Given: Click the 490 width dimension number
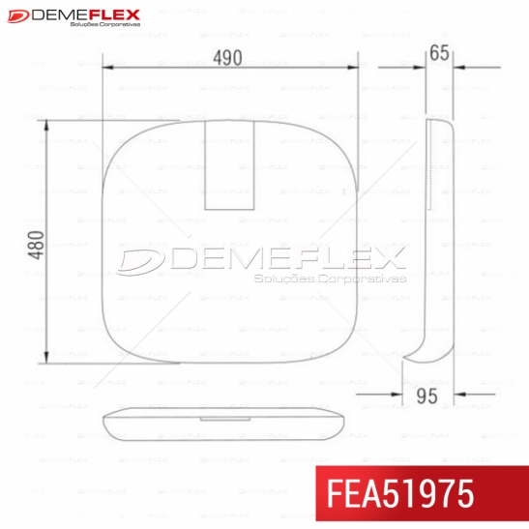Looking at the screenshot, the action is click(x=227, y=58).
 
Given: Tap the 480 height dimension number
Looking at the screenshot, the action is click(x=36, y=245).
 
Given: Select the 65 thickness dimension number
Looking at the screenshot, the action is click(x=439, y=53).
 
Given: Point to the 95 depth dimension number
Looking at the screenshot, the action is click(x=426, y=397).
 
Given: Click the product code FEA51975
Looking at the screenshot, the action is click(x=400, y=493).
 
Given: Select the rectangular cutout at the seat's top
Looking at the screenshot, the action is click(x=229, y=165).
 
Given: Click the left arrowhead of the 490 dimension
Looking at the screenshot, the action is click(x=107, y=68).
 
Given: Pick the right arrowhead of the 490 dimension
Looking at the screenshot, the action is click(x=353, y=68).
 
